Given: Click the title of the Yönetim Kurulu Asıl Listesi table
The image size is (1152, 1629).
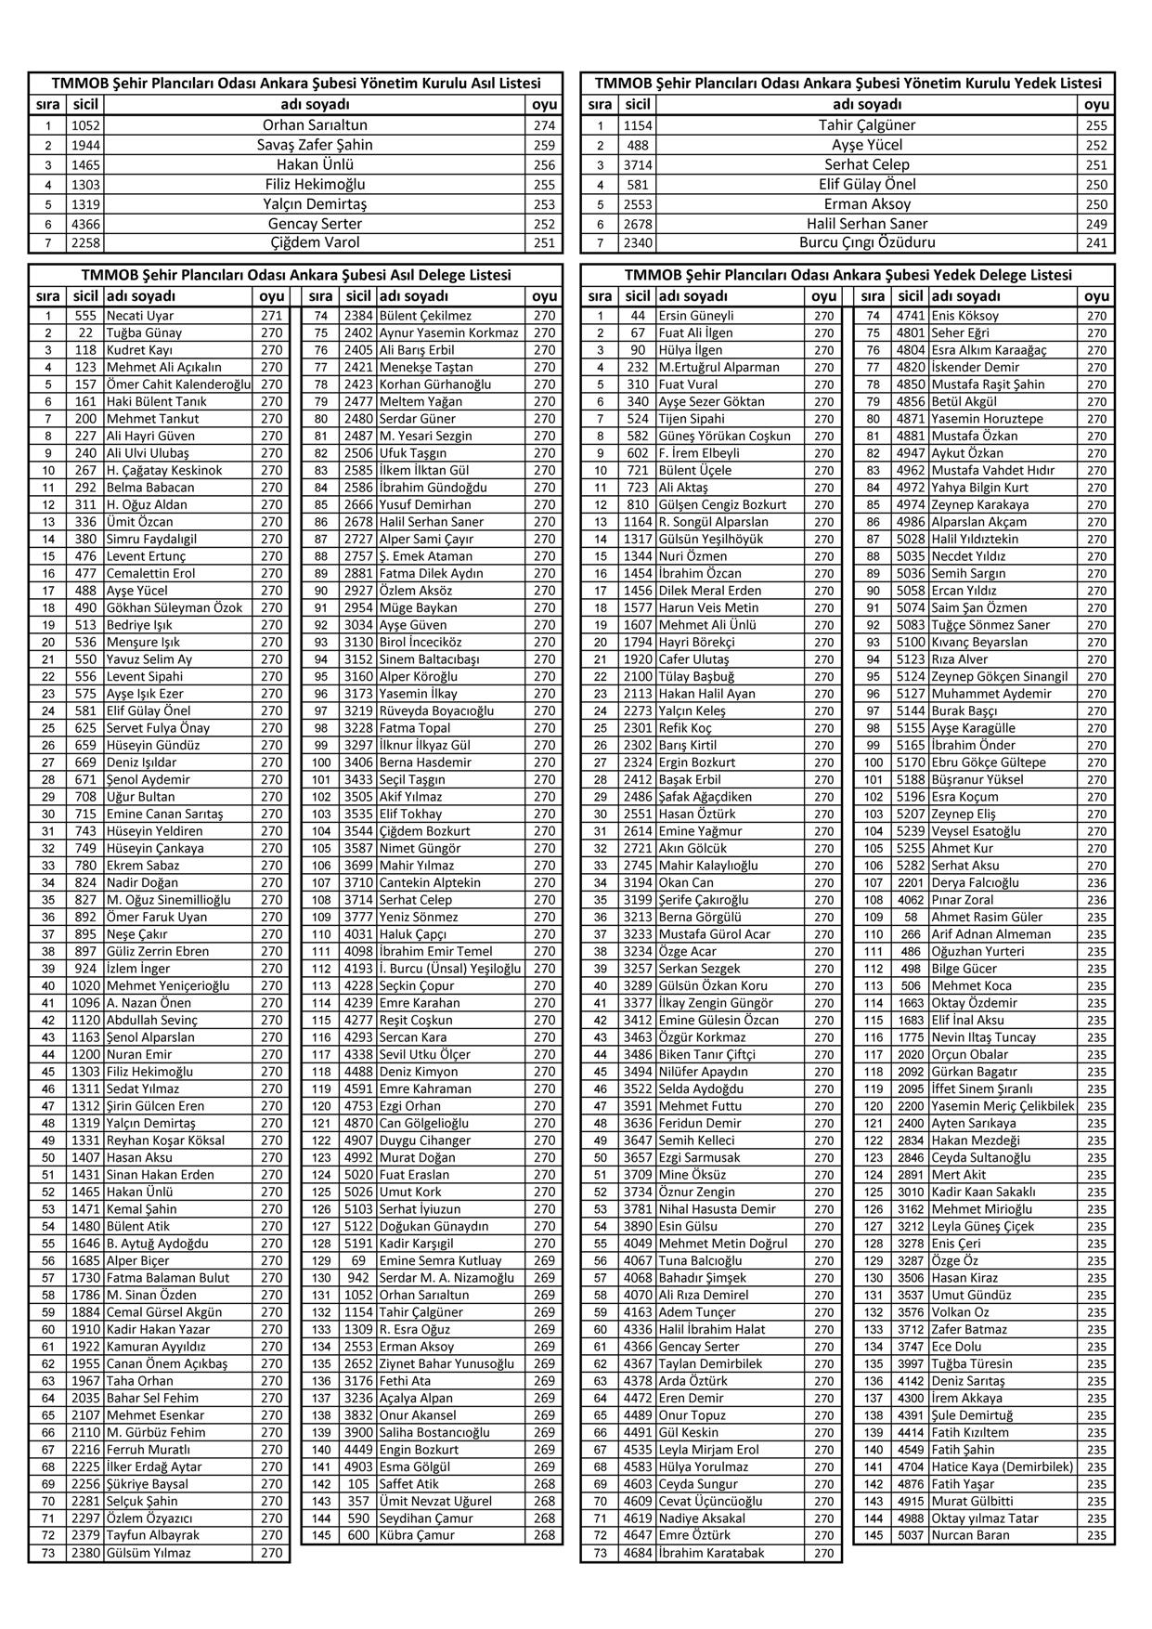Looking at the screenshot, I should (x=296, y=83).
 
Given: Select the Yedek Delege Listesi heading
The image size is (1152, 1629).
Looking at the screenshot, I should (x=848, y=275).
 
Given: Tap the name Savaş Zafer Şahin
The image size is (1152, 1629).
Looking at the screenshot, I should (x=315, y=145).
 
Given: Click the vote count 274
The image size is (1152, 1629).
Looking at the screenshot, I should (x=544, y=125).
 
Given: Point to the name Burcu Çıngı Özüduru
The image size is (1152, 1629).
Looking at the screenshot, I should (x=867, y=242).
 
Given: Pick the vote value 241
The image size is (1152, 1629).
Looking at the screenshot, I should (x=1096, y=242).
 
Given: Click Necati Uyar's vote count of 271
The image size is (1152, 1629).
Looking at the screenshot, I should (x=271, y=316).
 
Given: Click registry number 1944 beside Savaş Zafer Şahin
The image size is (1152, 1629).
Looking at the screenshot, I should (x=85, y=145).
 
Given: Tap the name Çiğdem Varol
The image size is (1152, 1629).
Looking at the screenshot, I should (x=315, y=242).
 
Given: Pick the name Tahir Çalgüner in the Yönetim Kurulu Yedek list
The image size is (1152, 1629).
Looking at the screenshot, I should (x=867, y=125).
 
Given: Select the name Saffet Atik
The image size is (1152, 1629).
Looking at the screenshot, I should (x=409, y=1484).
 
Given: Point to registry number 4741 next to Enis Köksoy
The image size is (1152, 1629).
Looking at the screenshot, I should (x=911, y=316).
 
